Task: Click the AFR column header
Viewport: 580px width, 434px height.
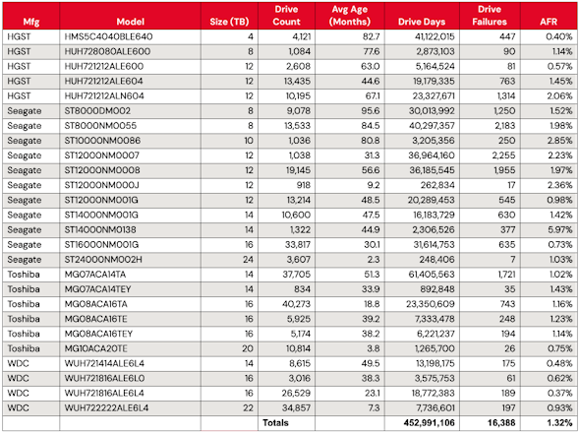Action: [549, 22]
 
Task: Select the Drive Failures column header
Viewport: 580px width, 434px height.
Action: [490, 16]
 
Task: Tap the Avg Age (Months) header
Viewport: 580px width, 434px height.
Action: [350, 16]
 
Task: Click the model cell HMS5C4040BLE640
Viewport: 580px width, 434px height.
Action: [108, 36]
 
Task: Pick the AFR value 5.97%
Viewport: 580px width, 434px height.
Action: [560, 229]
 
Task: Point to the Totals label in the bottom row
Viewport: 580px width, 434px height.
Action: [275, 422]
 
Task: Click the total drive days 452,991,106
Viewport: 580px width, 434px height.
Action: [429, 422]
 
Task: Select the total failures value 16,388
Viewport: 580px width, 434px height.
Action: [501, 422]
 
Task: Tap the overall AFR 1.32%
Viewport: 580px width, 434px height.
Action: [560, 422]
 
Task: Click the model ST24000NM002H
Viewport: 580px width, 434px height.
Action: [103, 259]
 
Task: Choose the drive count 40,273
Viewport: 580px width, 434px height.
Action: [296, 304]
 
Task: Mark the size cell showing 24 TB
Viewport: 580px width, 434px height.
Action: [248, 259]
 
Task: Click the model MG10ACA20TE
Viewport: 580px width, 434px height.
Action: [95, 348]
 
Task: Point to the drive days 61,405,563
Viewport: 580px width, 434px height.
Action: [431, 275]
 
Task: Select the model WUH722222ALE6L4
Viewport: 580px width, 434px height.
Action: [106, 407]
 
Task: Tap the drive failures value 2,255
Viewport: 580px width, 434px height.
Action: [503, 155]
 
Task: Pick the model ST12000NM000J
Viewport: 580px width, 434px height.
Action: [102, 185]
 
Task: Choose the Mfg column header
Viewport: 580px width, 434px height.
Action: [31, 22]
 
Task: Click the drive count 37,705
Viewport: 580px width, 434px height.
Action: [296, 275]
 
